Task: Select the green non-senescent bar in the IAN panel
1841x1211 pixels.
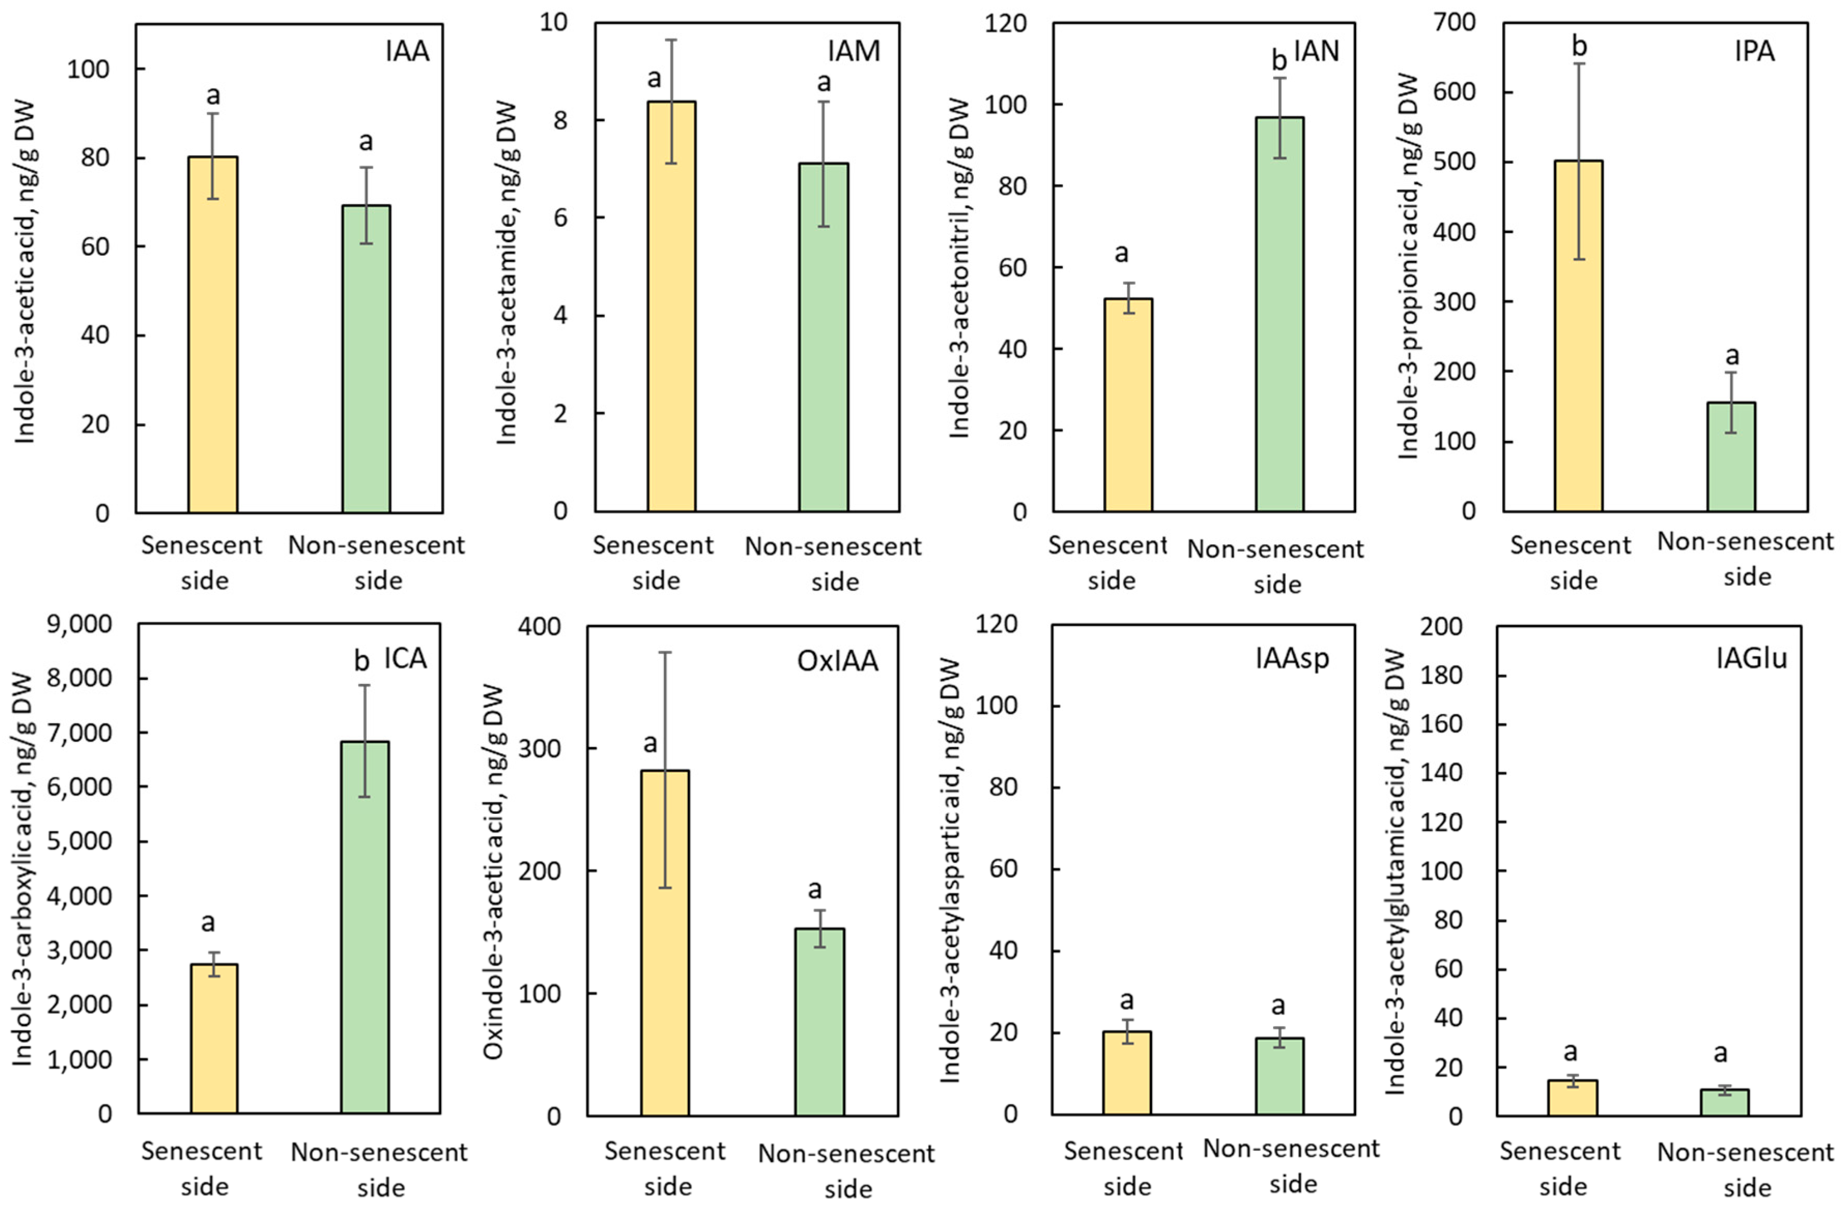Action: (1280, 314)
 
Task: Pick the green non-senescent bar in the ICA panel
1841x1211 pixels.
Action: (365, 928)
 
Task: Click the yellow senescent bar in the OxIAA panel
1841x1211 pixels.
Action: (665, 943)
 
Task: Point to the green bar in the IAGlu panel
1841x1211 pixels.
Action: (1725, 1103)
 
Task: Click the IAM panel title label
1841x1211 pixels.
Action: (854, 51)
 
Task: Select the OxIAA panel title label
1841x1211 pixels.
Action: (838, 661)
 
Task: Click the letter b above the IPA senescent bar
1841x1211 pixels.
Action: (1579, 47)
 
